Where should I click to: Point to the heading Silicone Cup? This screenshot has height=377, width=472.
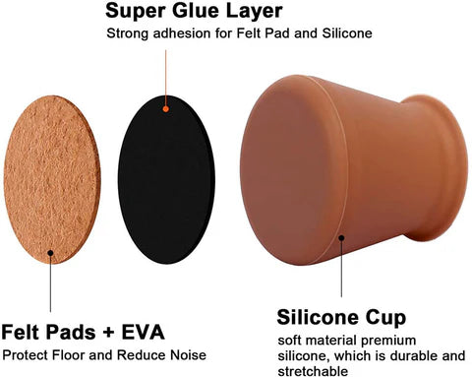click(x=340, y=318)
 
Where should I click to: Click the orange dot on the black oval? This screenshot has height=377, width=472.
click(x=166, y=108)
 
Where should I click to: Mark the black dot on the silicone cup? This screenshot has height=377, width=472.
click(x=341, y=235)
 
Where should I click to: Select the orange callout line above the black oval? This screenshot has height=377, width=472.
click(x=166, y=74)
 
